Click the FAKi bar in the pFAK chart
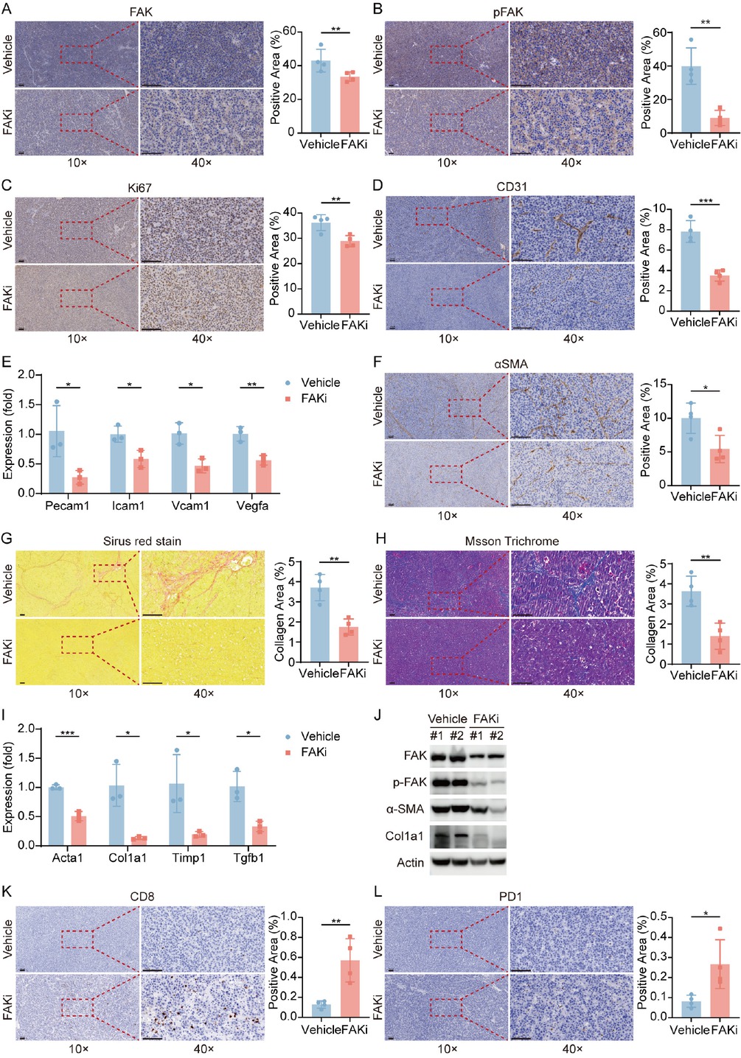(x=720, y=126)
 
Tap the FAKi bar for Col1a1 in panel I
(x=139, y=841)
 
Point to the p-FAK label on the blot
(x=409, y=782)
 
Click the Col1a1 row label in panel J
(x=404, y=835)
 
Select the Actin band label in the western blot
(x=410, y=862)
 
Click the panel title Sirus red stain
(x=142, y=541)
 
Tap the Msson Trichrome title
(x=511, y=541)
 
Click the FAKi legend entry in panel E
(x=313, y=399)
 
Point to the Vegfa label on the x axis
(x=252, y=505)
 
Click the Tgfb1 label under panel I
(x=248, y=858)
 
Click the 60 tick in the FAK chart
(x=289, y=32)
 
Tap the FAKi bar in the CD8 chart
(x=349, y=988)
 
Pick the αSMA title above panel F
(x=510, y=364)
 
